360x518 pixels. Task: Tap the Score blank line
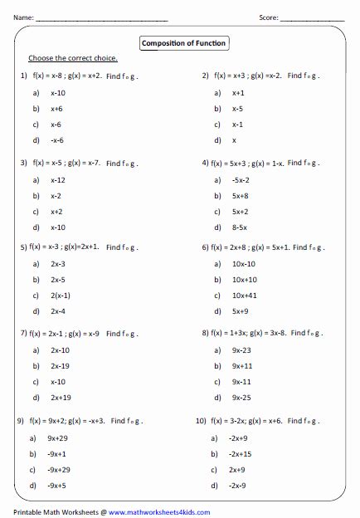tap(314, 17)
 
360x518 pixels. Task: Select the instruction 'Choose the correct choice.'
tap(73, 58)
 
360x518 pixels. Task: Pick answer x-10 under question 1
tap(58, 93)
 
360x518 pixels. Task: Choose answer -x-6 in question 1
tap(57, 140)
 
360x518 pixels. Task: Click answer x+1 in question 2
tap(238, 93)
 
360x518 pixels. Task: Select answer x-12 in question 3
tap(58, 180)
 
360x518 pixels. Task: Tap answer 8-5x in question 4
tap(240, 227)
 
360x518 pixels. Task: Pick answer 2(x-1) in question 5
tap(61, 296)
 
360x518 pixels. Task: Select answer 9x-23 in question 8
tap(241, 350)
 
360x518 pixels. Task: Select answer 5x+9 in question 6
tap(240, 311)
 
